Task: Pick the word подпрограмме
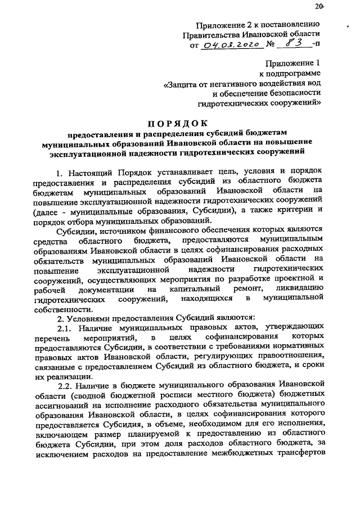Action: [296, 74]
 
